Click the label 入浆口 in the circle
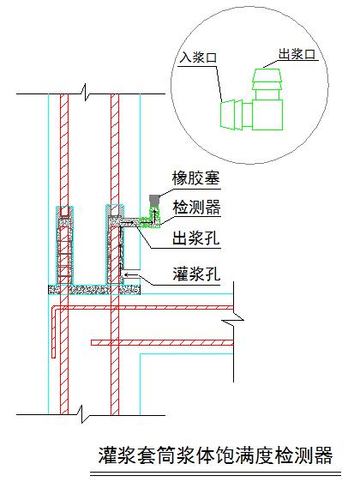point(198,57)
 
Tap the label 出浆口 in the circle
point(297,54)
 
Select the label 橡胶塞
point(196,178)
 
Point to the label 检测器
point(196,208)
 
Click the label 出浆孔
point(196,238)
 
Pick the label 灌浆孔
point(196,274)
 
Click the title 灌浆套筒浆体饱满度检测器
point(215,455)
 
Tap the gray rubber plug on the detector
point(154,200)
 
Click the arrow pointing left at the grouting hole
point(131,274)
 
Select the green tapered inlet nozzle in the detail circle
point(231,114)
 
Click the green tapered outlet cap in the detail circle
point(267,79)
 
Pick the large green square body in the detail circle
point(267,115)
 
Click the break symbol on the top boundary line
point(85,92)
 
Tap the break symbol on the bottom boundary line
point(82,414)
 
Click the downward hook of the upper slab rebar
point(53,332)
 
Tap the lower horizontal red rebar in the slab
point(162,343)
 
